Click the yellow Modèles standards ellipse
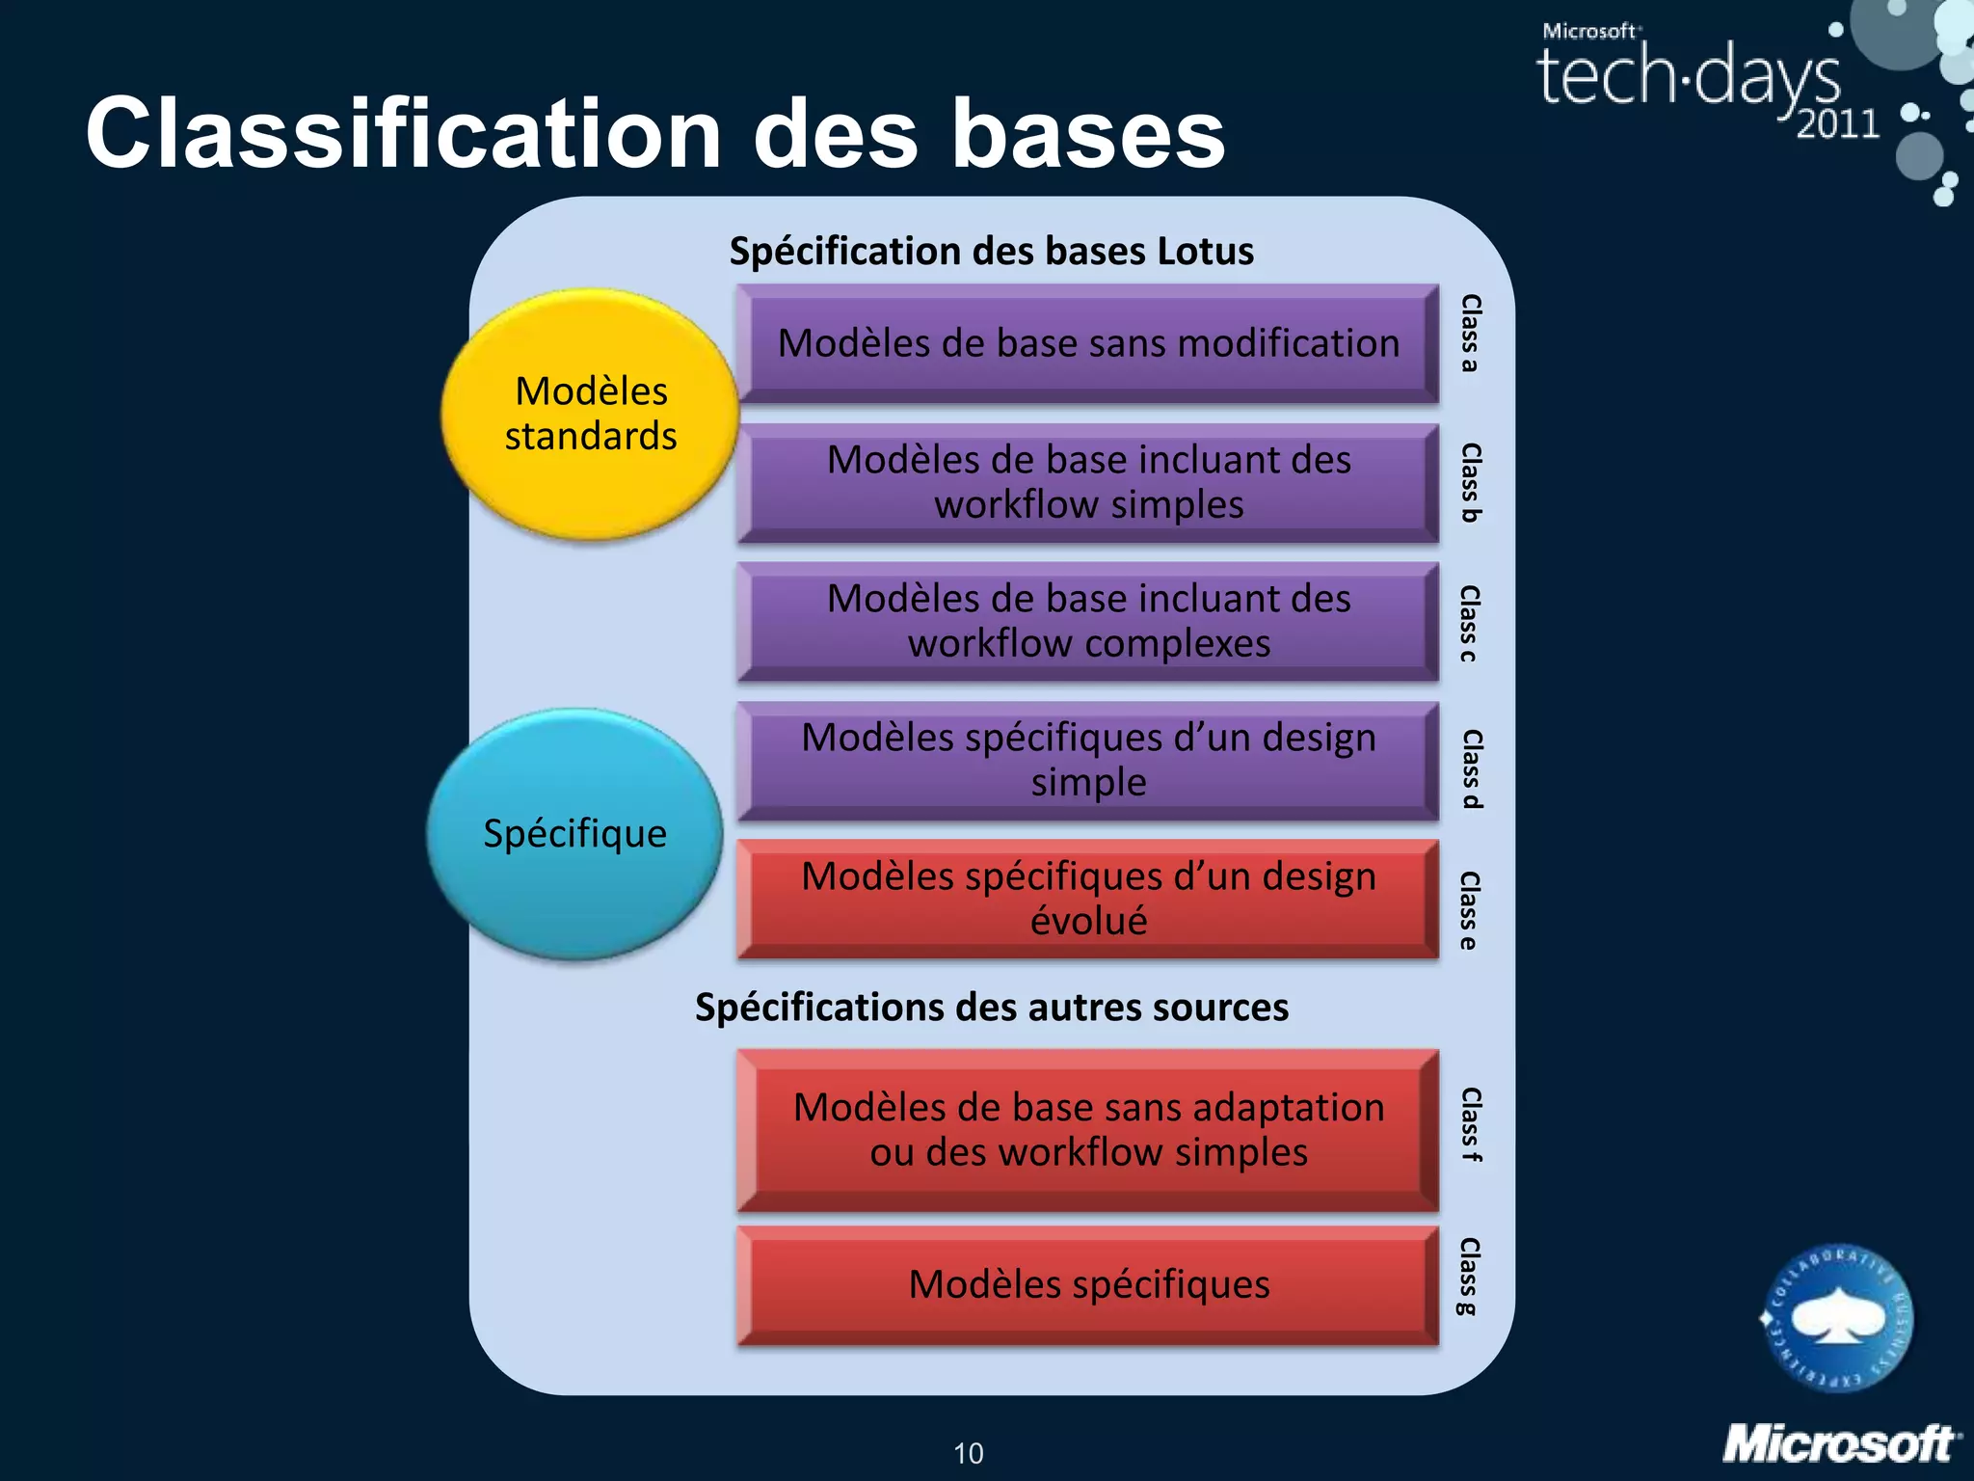[x=590, y=414]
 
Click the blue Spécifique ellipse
[x=574, y=834]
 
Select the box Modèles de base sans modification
[x=1087, y=343]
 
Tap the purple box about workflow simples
[x=1087, y=482]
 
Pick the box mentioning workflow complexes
[x=1087, y=621]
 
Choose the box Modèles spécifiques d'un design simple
[x=1087, y=760]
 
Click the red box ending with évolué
[x=1087, y=899]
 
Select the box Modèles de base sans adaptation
[x=1087, y=1129]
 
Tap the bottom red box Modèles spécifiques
[x=1087, y=1284]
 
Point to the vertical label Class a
[x=1470, y=334]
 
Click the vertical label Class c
[x=1470, y=623]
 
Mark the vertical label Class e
[x=1470, y=910]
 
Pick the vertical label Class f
[x=1470, y=1124]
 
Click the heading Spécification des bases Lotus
[x=991, y=252]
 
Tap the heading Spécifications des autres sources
[x=991, y=1008]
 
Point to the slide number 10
[x=968, y=1453]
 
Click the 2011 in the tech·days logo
[x=1837, y=124]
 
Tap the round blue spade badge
[x=1837, y=1318]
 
